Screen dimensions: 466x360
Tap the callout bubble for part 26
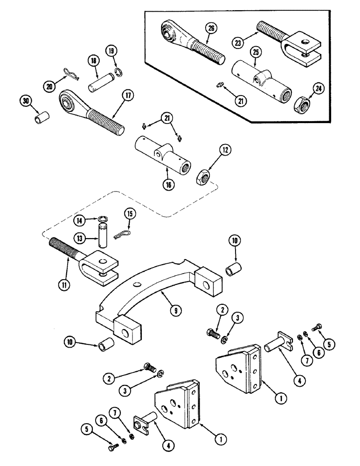click(211, 29)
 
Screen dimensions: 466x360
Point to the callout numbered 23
click(239, 41)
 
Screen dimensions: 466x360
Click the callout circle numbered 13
click(80, 238)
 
